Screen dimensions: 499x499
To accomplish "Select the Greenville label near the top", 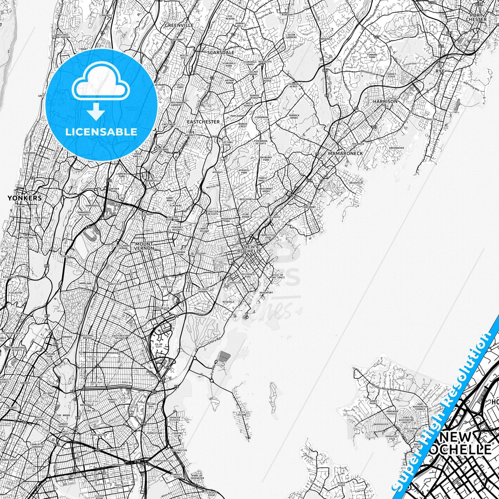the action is point(179,25).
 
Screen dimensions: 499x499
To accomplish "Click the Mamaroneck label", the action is point(345,153).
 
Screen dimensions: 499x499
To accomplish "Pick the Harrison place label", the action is point(385,102).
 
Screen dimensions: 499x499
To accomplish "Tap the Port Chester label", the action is point(476,17).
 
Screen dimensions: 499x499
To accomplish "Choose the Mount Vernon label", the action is point(144,246).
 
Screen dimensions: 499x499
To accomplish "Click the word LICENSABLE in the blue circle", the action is point(102,132).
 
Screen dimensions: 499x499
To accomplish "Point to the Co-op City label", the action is point(159,346).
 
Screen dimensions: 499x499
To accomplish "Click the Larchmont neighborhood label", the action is point(309,207).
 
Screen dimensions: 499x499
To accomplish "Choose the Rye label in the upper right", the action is point(440,71).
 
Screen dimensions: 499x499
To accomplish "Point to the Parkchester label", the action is point(97,435).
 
